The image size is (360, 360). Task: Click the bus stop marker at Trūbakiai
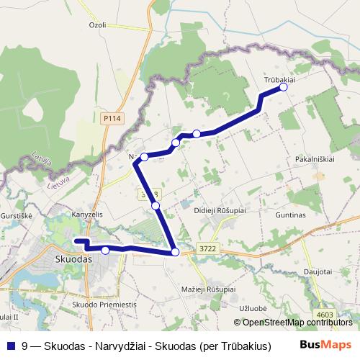tap(283, 87)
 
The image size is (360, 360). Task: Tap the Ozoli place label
tap(97, 24)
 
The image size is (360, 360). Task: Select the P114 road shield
tap(111, 118)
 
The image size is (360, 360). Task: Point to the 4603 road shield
tap(325, 314)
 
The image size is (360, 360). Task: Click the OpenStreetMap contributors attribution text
tap(297, 323)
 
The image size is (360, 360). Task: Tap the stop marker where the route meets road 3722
tap(175, 252)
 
